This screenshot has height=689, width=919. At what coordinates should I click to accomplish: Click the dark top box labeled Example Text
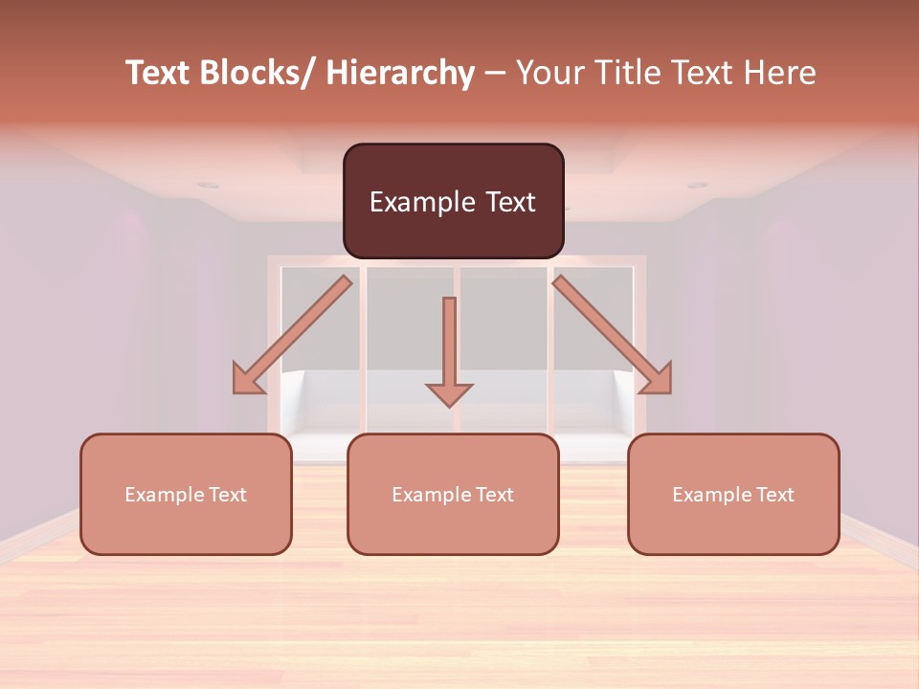pos(453,201)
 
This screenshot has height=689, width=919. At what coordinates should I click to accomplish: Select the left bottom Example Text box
pos(186,494)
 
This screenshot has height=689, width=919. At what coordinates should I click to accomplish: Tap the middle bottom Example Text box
pos(453,494)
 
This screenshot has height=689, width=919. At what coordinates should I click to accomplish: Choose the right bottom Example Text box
pos(733,494)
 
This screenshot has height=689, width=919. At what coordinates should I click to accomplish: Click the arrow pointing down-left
pos(292,335)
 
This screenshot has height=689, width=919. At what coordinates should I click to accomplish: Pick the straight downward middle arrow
pos(449,349)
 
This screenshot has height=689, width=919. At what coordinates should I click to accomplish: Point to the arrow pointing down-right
pos(613,335)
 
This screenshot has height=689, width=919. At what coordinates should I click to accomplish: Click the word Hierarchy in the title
pos(400,73)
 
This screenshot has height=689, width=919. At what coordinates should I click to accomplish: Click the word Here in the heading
pos(779,73)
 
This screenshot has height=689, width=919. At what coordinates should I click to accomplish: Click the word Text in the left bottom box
pos(226,495)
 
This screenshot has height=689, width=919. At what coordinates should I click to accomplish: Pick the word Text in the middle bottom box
pos(493,495)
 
